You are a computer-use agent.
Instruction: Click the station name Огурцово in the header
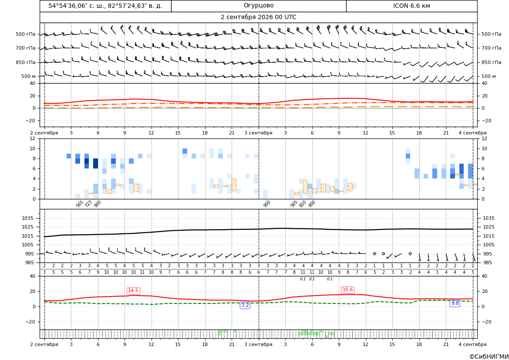pos(259,6)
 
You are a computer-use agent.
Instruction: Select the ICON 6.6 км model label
pos(411,6)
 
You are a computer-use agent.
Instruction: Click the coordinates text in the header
pos(105,6)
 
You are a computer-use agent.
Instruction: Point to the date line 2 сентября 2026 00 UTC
pos(258,17)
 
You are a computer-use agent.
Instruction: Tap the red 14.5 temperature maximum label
pos(133,290)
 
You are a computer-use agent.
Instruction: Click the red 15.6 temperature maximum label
pos(347,289)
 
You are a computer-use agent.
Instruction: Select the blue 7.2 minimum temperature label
pos(245,305)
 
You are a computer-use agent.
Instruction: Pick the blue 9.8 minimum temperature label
pos(455,303)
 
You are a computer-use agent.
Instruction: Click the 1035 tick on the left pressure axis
pos(31,218)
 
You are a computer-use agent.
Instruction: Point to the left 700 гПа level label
pos(26,48)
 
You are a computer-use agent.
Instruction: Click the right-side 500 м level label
pos(489,76)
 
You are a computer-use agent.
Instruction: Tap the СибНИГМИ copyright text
pos(489,357)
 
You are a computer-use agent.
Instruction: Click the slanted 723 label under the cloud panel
pos(88,204)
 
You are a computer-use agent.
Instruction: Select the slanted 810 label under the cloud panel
pos(303,204)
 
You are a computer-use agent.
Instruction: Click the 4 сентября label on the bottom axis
pos(472,344)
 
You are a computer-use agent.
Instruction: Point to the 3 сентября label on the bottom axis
pos(258,344)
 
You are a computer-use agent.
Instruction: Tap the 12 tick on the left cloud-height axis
pos(33,138)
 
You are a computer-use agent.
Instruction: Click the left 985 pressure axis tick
pos(31,262)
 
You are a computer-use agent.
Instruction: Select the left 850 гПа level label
pos(26,62)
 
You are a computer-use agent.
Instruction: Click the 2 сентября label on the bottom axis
pos(44,344)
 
